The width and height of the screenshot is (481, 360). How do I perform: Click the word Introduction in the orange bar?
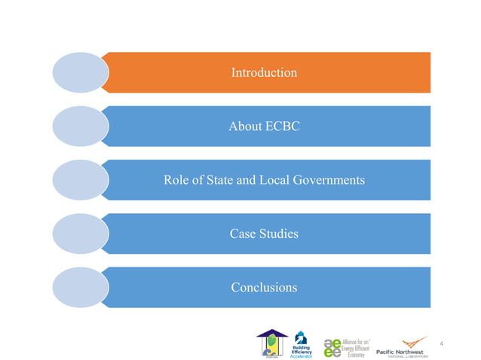264,73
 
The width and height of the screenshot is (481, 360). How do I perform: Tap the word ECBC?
283,127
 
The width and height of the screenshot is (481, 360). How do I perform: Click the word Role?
177,181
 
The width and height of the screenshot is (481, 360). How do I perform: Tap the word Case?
244,234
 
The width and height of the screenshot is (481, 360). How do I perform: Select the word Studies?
279,234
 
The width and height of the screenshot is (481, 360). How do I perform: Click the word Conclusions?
264,288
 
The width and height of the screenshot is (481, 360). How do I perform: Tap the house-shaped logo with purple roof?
271,343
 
